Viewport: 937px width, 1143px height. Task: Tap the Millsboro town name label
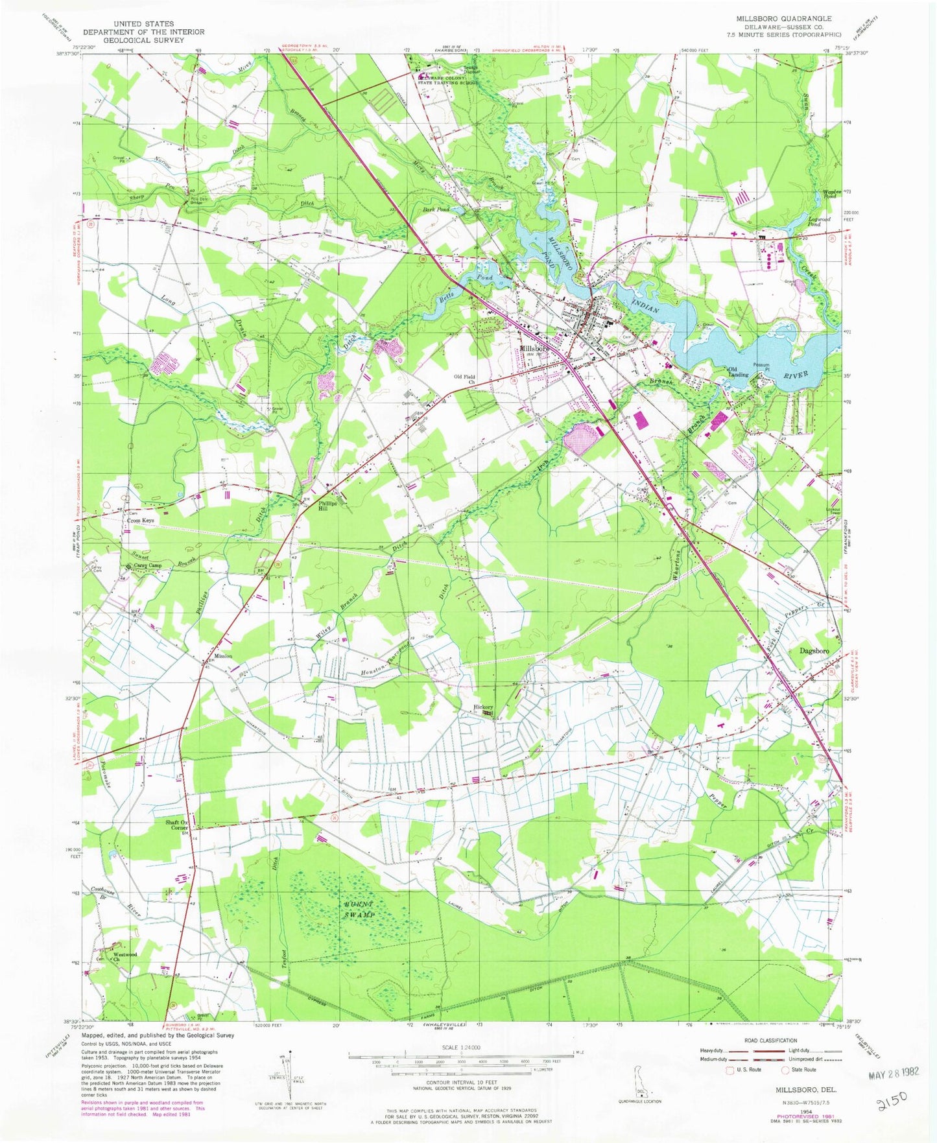pos(535,348)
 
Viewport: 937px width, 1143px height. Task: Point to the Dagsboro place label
pos(814,651)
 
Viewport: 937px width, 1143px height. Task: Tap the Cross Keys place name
pos(141,521)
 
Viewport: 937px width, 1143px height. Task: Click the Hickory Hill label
pos(484,711)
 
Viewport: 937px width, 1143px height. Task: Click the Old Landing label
pos(738,372)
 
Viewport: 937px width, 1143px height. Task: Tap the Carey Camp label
pos(148,565)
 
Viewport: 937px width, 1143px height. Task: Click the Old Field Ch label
pos(464,379)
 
